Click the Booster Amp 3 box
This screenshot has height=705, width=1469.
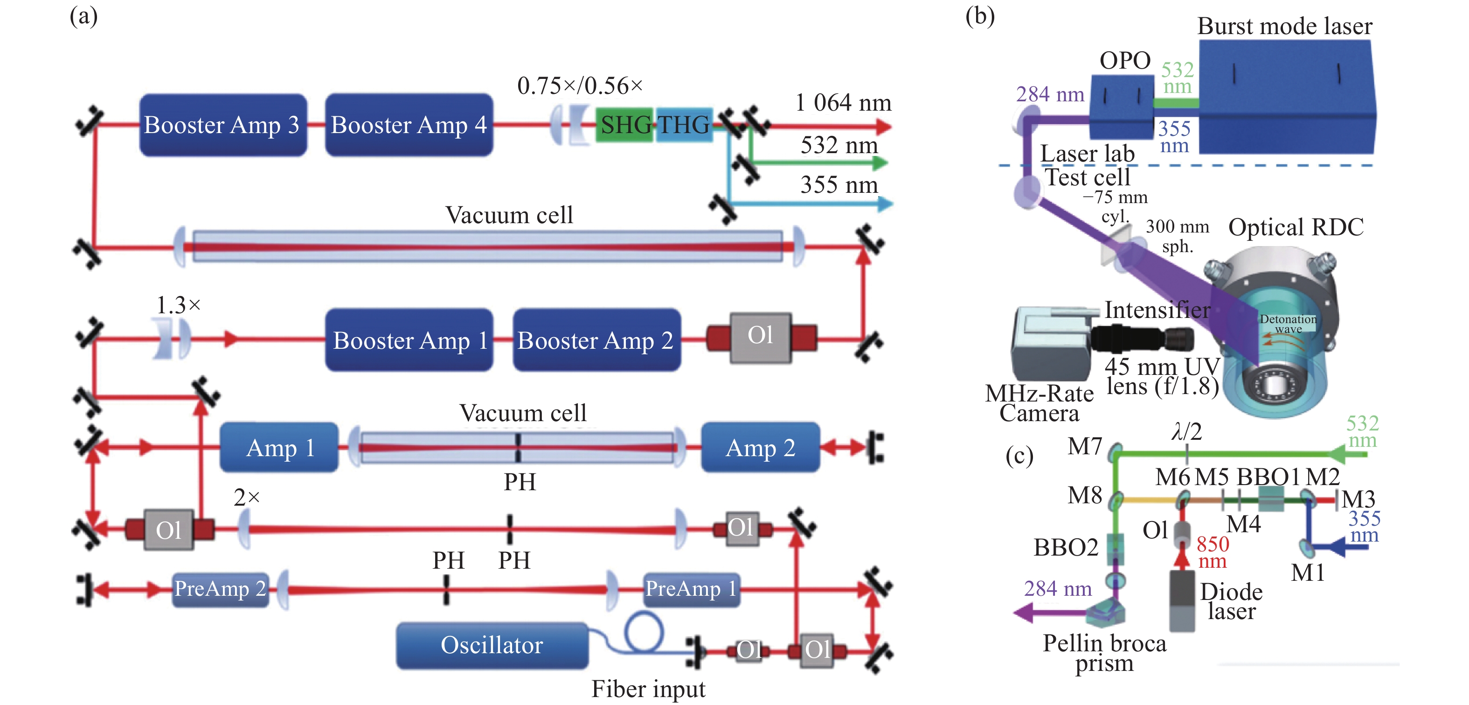[x=223, y=125]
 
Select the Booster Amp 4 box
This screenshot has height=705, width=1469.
[x=409, y=125]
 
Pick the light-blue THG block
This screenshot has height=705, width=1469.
[x=684, y=125]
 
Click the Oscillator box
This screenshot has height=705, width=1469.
[x=492, y=645]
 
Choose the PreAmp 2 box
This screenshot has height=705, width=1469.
[x=220, y=589]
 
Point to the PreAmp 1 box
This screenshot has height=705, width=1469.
[x=691, y=589]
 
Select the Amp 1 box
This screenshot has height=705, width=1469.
[x=279, y=448]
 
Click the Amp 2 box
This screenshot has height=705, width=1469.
[x=760, y=448]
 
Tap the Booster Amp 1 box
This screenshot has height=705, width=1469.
[x=409, y=340]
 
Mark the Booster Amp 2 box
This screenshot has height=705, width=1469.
[x=596, y=340]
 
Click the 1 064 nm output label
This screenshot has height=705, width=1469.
[x=843, y=103]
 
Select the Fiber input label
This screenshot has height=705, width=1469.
[x=648, y=689]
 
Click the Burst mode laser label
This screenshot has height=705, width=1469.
[x=1284, y=26]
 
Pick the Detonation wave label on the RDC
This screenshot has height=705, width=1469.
[x=1288, y=324]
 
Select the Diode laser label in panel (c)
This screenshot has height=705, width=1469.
[x=1231, y=601]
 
